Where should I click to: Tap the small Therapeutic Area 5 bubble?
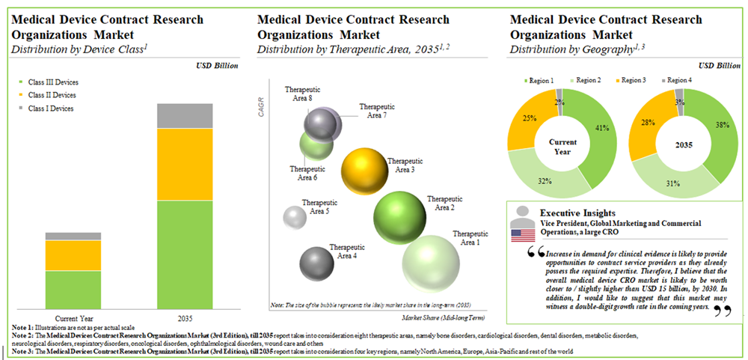pos(295,217)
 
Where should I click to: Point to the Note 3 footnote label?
pos(25,350)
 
